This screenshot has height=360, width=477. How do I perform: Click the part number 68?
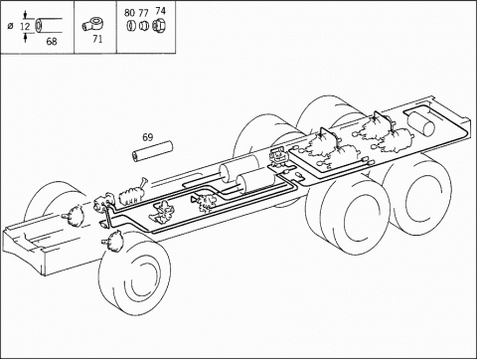point(52,42)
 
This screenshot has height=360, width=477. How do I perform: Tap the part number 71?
point(97,39)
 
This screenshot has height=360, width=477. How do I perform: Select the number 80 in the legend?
point(129,13)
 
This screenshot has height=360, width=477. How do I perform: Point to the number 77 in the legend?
point(143,13)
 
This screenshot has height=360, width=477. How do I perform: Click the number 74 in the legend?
point(160,11)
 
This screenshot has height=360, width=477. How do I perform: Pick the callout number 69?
point(148,137)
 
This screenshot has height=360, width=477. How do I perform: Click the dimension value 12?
point(25,26)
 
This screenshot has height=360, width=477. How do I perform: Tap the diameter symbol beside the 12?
point(10,26)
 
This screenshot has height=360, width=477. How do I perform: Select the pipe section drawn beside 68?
point(48,26)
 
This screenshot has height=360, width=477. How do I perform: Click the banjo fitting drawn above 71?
point(89,25)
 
